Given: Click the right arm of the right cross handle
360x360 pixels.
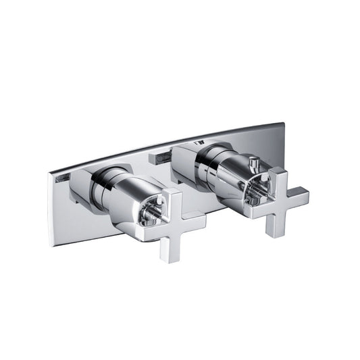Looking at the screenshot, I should click(x=297, y=197).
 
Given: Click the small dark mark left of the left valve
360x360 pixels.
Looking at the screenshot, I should click(x=62, y=178).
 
